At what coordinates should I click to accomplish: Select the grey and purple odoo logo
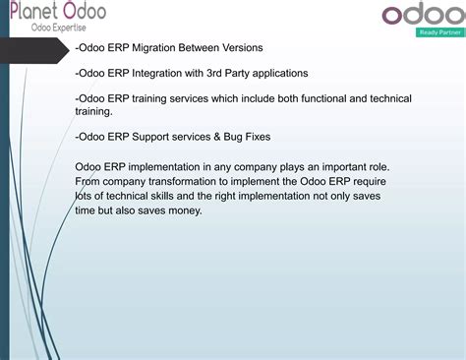click(418, 16)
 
